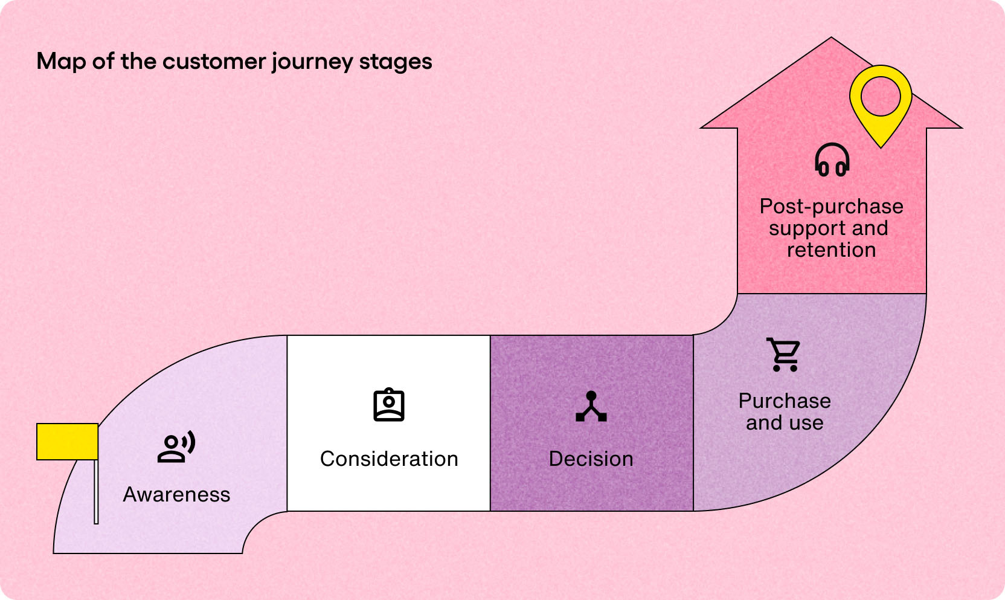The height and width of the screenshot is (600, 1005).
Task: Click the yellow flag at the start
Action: click(x=67, y=441)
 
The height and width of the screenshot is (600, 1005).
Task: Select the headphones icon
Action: click(x=832, y=160)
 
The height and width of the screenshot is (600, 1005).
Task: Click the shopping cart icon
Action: click(x=784, y=355)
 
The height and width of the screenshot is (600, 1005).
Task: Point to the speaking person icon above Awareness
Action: click(x=176, y=447)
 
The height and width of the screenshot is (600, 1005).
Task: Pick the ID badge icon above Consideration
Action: click(x=388, y=405)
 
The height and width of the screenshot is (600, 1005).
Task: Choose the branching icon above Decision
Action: click(x=591, y=407)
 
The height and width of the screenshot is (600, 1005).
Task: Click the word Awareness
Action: click(x=176, y=495)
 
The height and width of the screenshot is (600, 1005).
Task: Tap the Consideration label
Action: click(x=389, y=459)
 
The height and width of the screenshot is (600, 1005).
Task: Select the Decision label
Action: click(x=591, y=459)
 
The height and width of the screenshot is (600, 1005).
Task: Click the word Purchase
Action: click(x=785, y=401)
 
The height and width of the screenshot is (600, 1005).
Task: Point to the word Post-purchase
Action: click(x=831, y=207)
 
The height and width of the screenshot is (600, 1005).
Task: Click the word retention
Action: click(x=831, y=250)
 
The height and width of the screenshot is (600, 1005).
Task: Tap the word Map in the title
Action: click(x=61, y=62)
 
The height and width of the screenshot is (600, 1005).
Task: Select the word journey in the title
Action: click(x=312, y=62)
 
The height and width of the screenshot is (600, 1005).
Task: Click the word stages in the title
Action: click(x=396, y=62)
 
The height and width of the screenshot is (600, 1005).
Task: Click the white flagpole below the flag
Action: click(x=96, y=492)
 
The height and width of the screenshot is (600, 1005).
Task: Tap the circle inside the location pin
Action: click(x=881, y=97)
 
